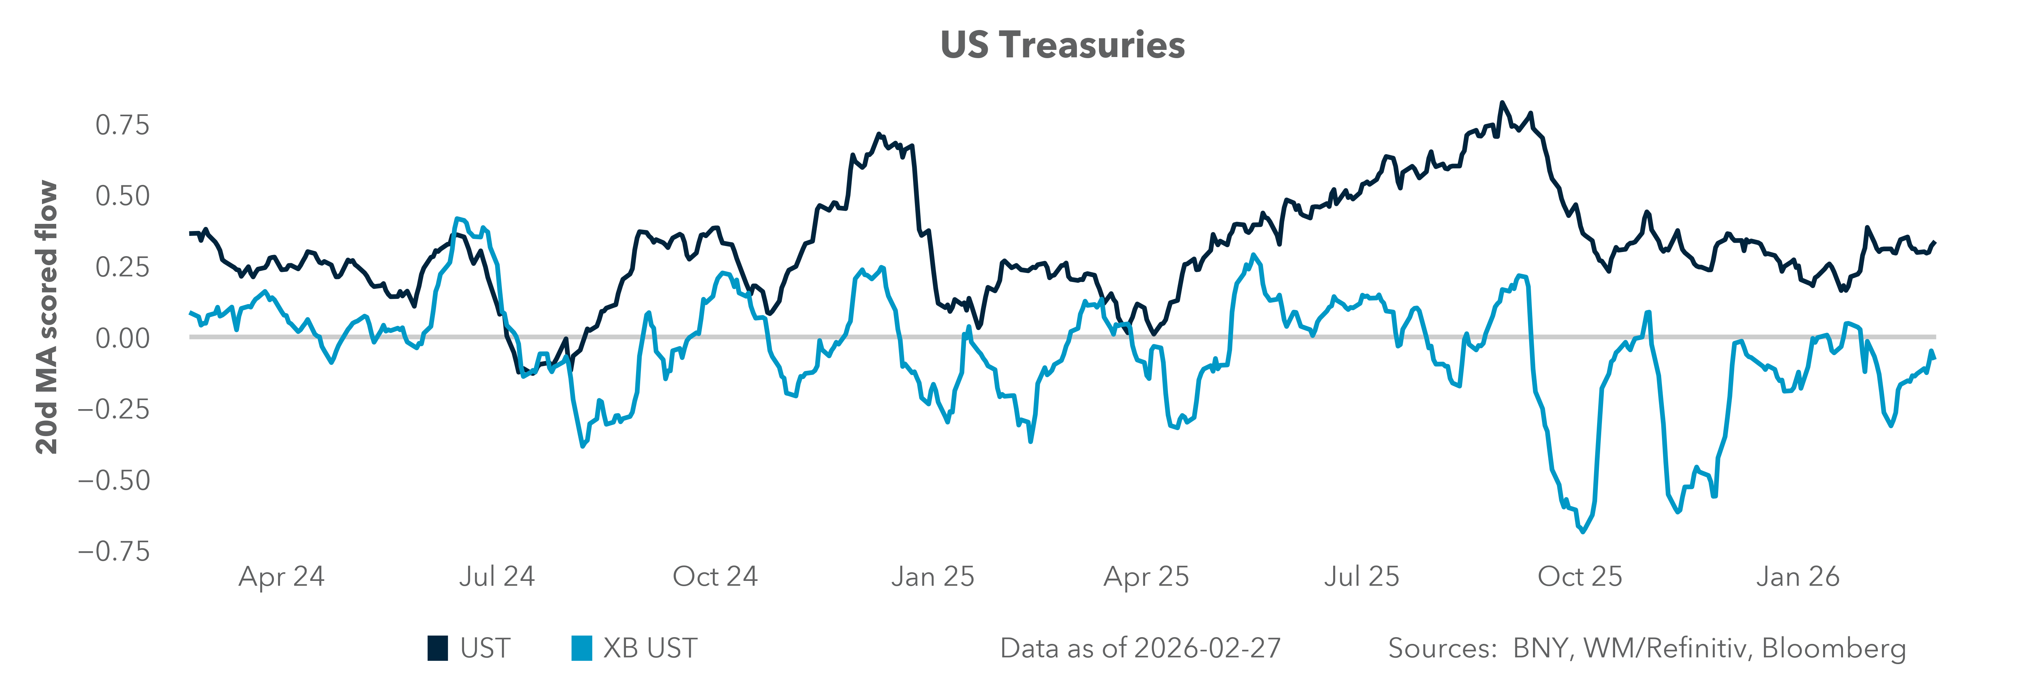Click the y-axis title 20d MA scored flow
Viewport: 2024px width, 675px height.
[x=47, y=318]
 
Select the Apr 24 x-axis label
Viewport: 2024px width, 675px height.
[x=281, y=577]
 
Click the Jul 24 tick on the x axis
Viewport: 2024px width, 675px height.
[x=497, y=577]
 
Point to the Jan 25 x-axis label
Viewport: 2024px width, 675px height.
[x=933, y=577]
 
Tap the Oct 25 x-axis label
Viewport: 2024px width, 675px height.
[x=1579, y=577]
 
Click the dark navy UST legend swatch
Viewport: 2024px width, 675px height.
[x=438, y=648]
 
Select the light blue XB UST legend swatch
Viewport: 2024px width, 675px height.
[x=581, y=648]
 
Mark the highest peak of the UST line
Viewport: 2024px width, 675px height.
[x=1502, y=103]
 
